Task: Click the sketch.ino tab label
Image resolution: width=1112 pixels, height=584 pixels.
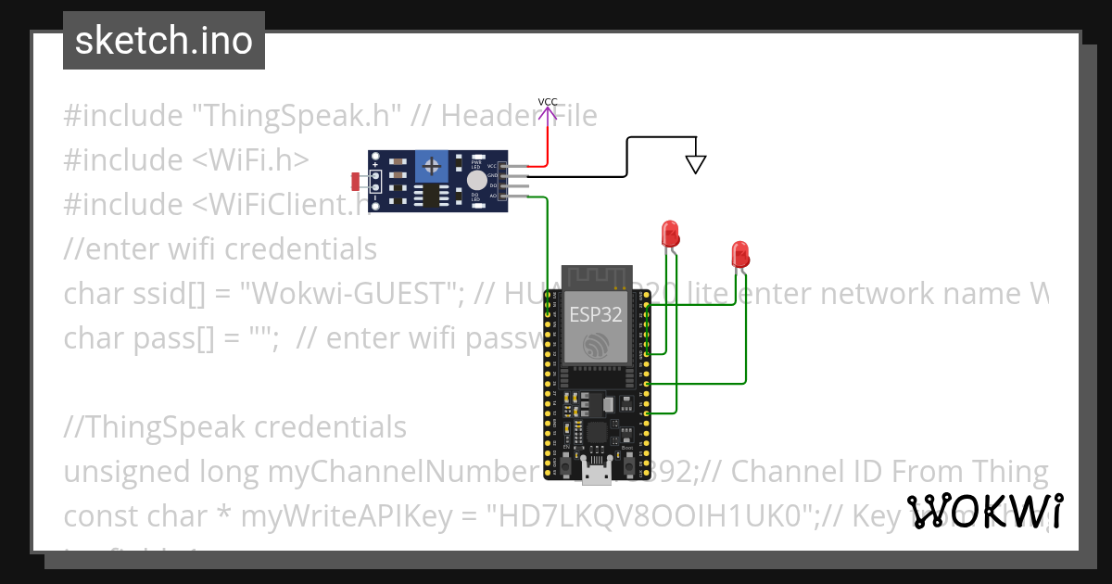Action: (x=164, y=41)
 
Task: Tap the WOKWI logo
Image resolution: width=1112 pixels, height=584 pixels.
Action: (x=984, y=511)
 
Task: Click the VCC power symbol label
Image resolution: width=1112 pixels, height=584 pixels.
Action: (x=548, y=102)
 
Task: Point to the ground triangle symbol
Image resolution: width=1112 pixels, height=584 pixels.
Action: (x=695, y=164)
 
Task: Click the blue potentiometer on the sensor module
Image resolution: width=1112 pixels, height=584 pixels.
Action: (x=430, y=167)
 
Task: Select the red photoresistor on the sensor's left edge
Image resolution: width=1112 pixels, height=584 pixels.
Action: (x=357, y=181)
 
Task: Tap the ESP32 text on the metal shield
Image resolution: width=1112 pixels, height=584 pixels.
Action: (x=596, y=313)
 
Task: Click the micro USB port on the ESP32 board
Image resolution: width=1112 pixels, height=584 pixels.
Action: (x=595, y=474)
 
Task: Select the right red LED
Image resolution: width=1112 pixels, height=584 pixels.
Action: (x=739, y=252)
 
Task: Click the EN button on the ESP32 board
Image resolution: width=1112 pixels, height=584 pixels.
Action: (x=565, y=460)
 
